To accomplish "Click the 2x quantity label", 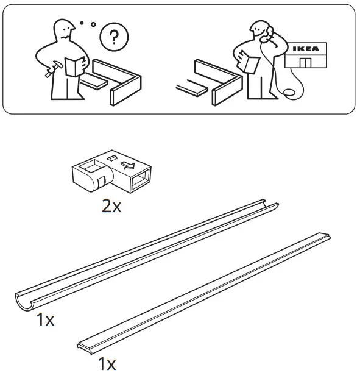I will point(111,206).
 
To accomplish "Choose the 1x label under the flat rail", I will point(106,365).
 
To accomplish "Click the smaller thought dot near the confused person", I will point(81,24).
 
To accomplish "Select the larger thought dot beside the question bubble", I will point(93,25).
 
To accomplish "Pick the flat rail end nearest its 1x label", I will point(83,346).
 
